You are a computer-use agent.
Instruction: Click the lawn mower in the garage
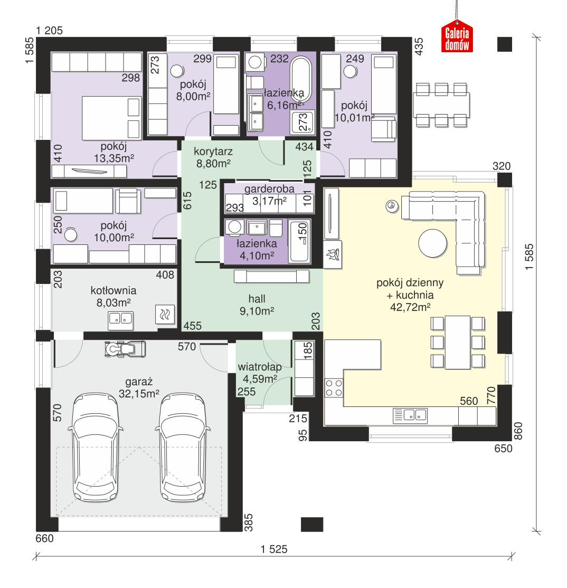point(125,348)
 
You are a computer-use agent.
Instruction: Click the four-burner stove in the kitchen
point(334,388)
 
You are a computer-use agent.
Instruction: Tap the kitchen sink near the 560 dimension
point(410,415)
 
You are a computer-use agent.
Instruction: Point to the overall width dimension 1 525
point(274,549)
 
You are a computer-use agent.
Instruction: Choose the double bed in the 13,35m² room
point(112,118)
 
